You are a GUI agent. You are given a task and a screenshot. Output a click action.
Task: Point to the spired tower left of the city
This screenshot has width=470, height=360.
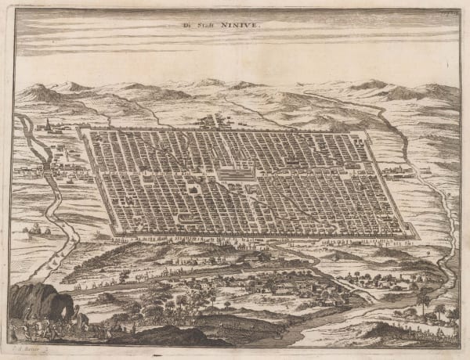pos(47,127)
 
